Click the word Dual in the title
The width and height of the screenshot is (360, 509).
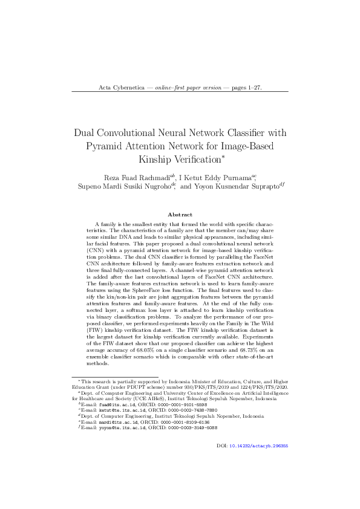click(85, 133)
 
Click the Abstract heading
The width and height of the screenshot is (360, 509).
click(180, 215)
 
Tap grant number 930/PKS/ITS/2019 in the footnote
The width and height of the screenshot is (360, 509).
click(199, 386)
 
